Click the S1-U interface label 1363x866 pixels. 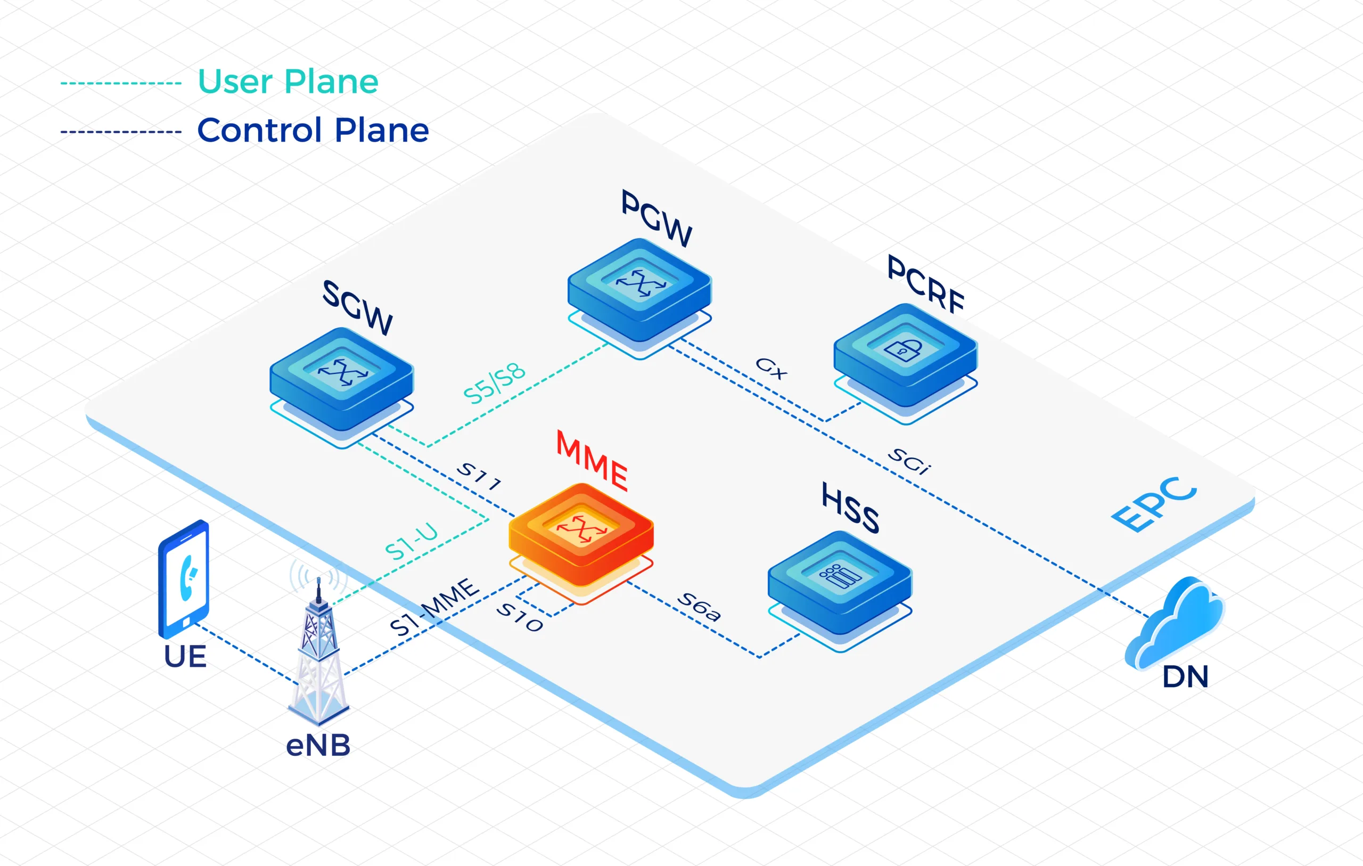pos(412,542)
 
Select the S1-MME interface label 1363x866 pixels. pos(434,607)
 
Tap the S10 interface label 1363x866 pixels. pos(520,617)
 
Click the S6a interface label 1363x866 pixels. pos(700,607)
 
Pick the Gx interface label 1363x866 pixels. pos(771,368)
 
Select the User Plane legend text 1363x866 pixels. pos(288,81)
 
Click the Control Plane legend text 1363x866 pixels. pos(313,130)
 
